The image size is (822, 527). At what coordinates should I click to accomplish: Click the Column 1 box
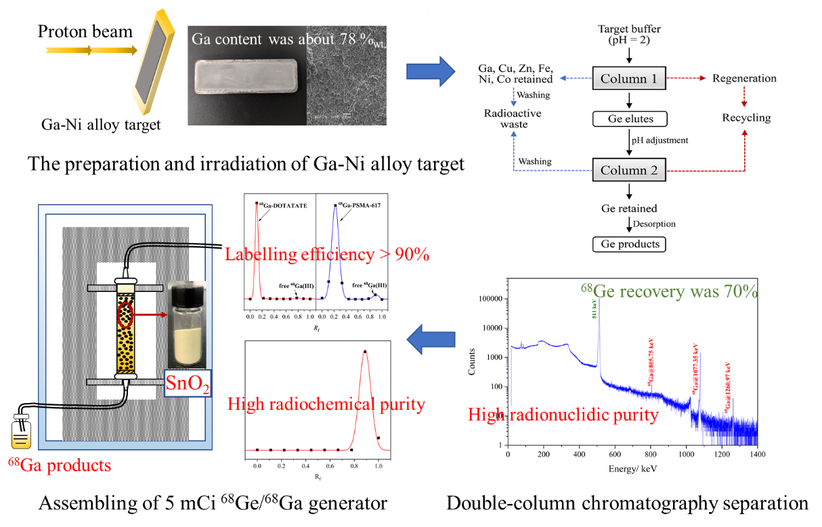point(628,79)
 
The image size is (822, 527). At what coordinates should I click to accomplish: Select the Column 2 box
point(628,170)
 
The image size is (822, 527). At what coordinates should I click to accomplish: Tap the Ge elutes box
point(629,119)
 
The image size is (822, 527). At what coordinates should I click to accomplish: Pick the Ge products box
point(629,244)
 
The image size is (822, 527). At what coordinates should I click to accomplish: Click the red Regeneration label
point(744,79)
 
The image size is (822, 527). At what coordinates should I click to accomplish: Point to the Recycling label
point(746,117)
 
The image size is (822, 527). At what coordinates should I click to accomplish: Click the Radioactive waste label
point(512,119)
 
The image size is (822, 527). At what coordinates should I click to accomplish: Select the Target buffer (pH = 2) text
point(629,35)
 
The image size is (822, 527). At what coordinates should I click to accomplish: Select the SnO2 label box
point(188,384)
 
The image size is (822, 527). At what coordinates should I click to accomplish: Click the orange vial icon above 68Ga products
point(21,432)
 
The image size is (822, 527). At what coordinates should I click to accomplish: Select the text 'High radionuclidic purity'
point(563,414)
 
